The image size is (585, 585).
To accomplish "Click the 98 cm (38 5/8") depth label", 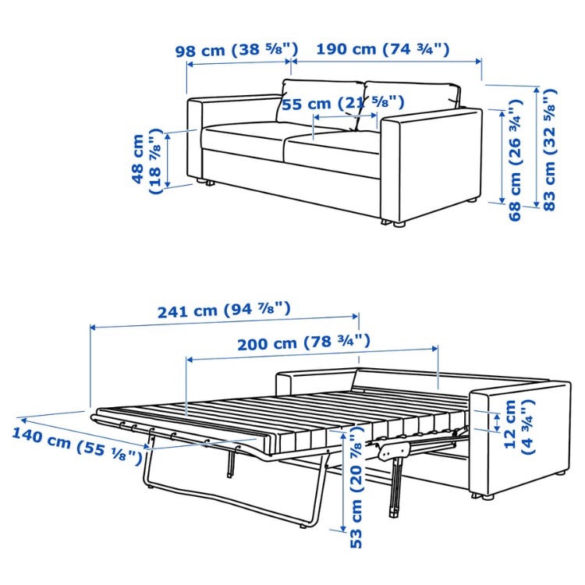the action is pyautogui.click(x=237, y=50).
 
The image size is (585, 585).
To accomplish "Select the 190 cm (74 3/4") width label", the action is pyautogui.click(x=383, y=49).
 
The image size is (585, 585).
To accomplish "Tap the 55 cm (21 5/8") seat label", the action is pyautogui.click(x=343, y=103).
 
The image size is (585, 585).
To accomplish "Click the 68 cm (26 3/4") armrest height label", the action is pyautogui.click(x=515, y=160).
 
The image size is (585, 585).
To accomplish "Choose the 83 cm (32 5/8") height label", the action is pyautogui.click(x=549, y=150).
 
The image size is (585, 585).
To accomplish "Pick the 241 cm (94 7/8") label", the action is pyautogui.click(x=224, y=310).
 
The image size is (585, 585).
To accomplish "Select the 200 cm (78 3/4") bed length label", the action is pyautogui.click(x=303, y=342).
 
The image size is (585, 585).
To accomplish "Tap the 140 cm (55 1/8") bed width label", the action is pyautogui.click(x=77, y=446).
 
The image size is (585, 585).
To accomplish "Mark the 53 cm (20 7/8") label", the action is pyautogui.click(x=356, y=487).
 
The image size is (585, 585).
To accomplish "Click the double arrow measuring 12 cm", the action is pyautogui.click(x=496, y=422).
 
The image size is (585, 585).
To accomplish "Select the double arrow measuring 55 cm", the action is pyautogui.click(x=345, y=116).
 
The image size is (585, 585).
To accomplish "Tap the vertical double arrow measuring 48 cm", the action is pyautogui.click(x=168, y=161).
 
